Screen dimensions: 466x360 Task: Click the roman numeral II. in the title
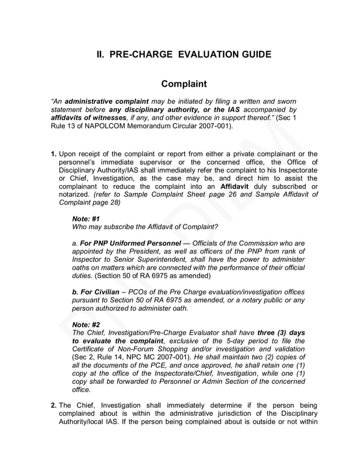coord(100,55)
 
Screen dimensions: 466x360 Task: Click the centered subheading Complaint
coord(184,84)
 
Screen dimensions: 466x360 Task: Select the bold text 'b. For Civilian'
coord(96,292)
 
